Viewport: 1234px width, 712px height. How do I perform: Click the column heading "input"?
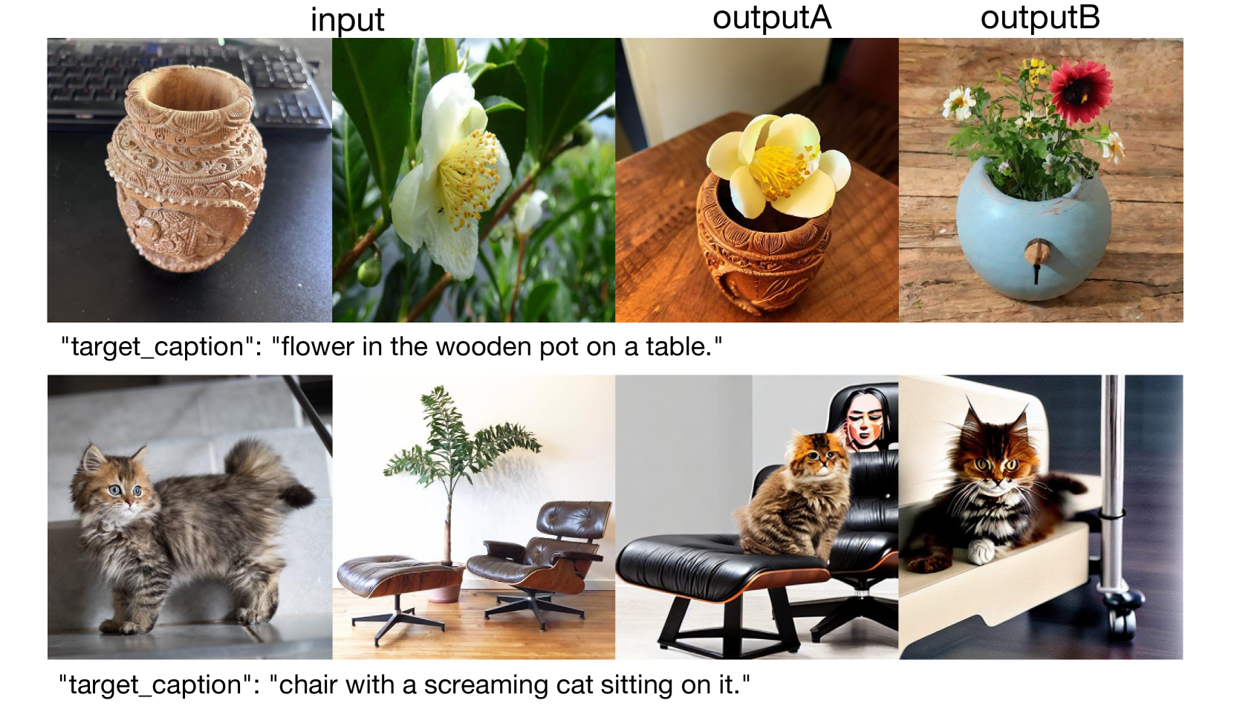tap(347, 20)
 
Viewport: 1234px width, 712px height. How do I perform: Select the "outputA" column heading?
tap(772, 18)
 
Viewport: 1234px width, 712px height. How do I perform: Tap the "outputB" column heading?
tap(1040, 18)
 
